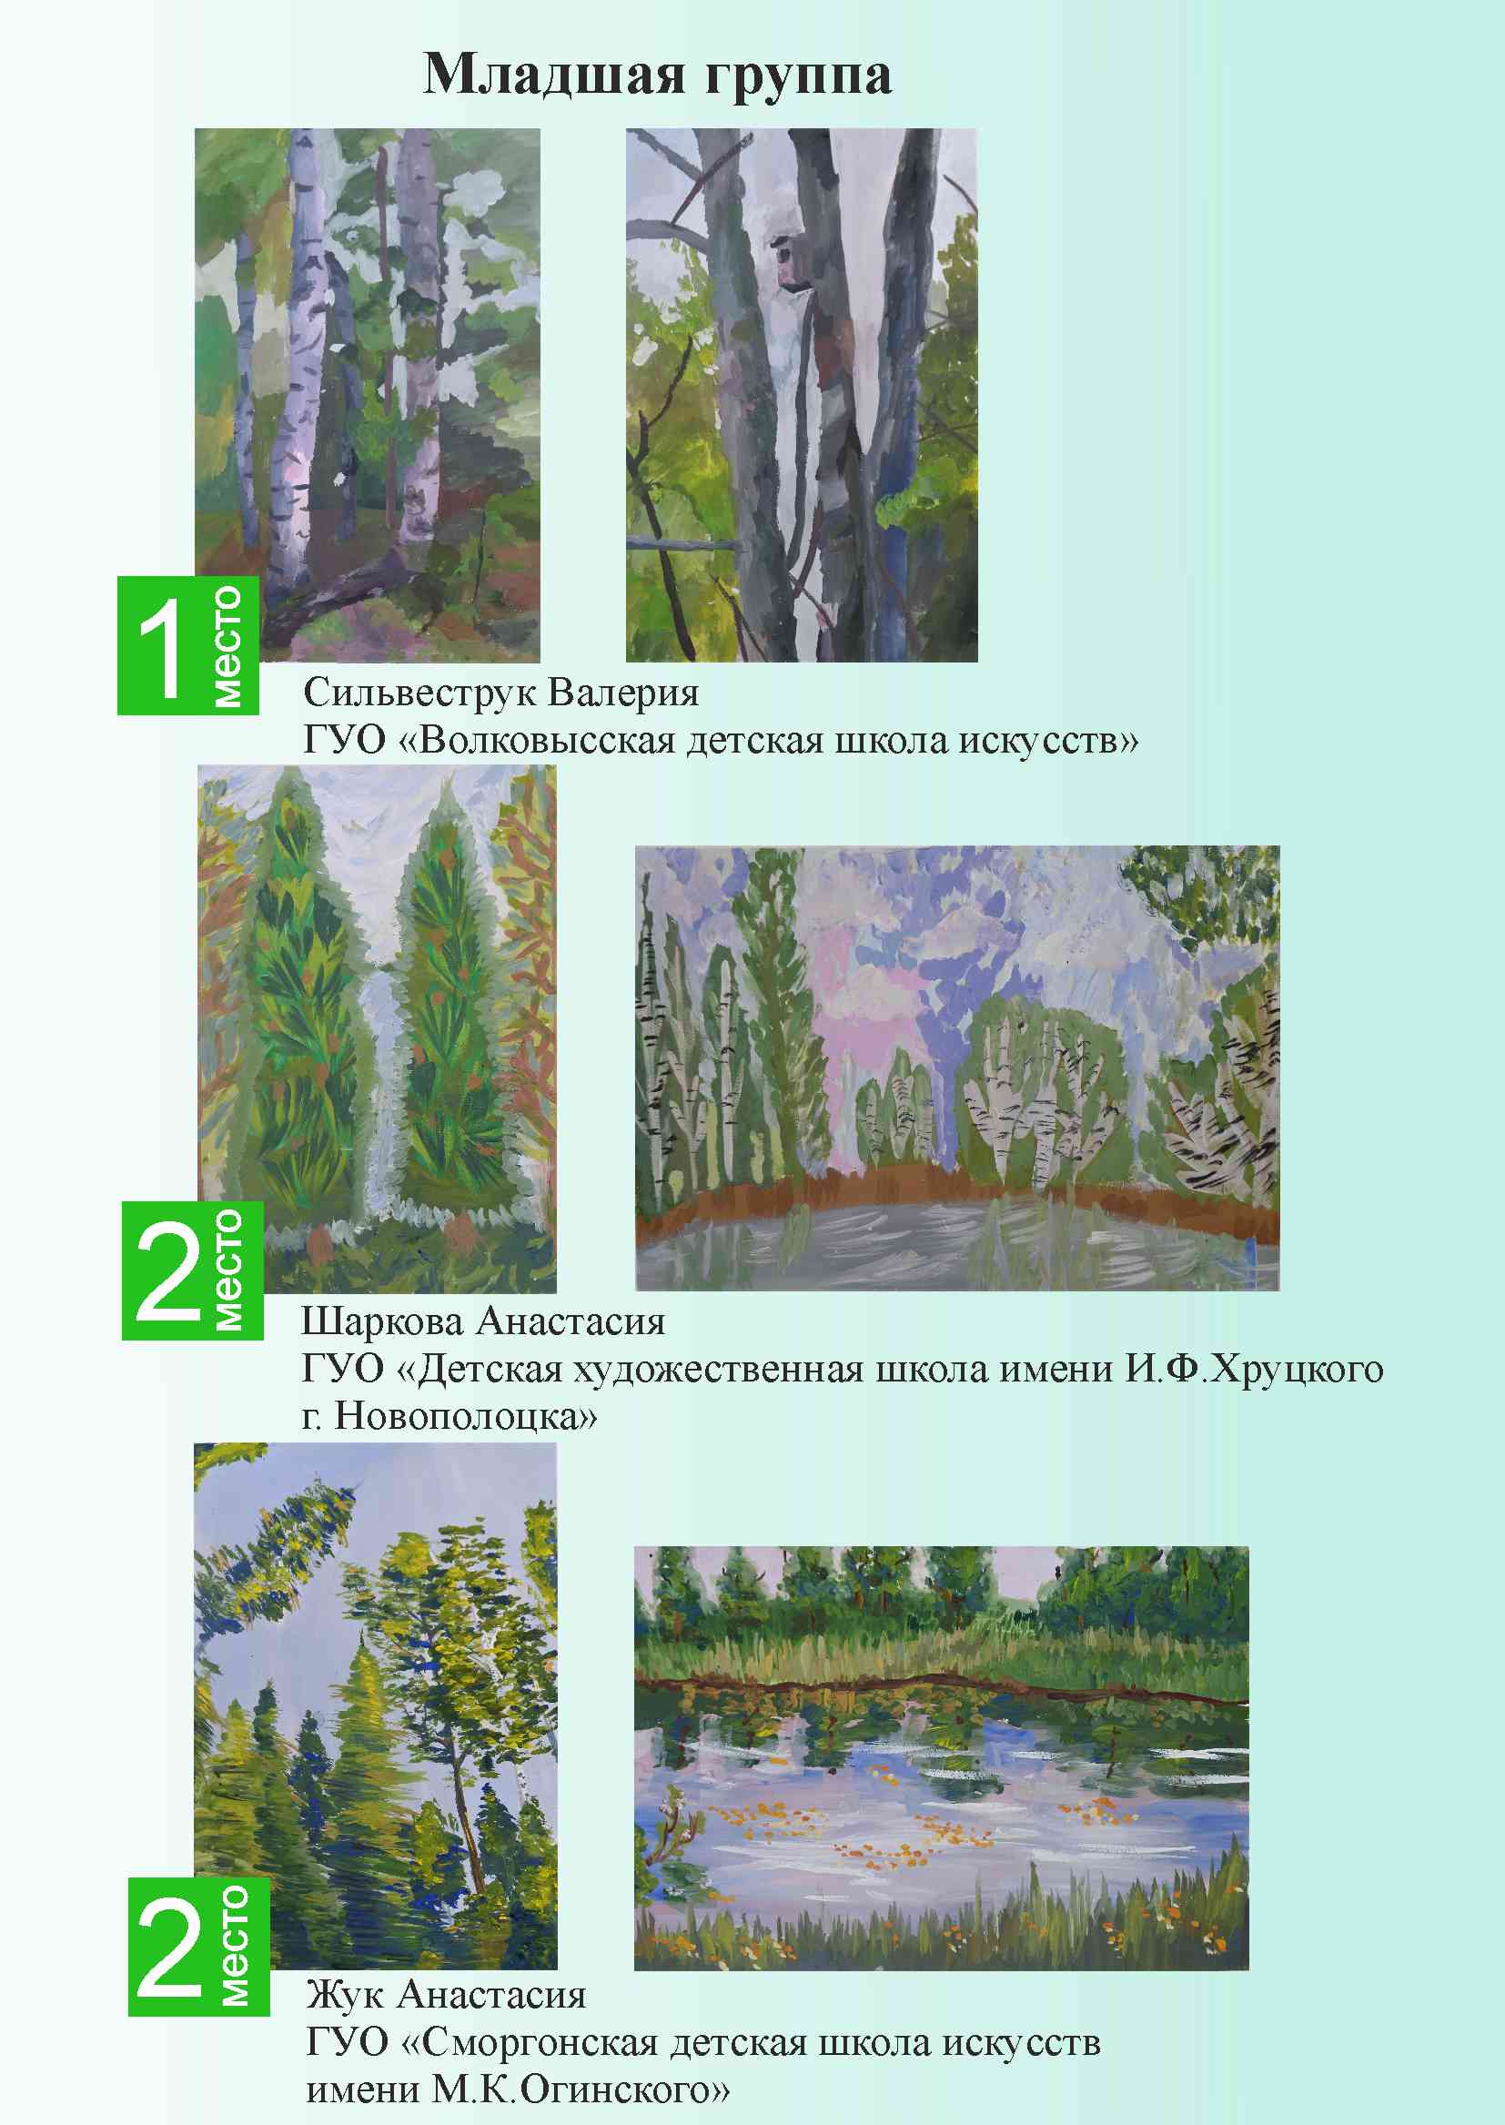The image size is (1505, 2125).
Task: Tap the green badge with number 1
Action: pos(188,645)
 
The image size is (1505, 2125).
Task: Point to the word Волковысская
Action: pos(548,742)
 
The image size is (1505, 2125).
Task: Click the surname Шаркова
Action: pos(382,1321)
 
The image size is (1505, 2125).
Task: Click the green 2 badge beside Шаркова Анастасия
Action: pos(193,1270)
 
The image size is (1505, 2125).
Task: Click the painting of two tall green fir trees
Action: pos(378,1028)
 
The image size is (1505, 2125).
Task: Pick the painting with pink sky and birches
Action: pos(957,1068)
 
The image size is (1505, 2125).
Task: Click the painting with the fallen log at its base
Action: pos(367,395)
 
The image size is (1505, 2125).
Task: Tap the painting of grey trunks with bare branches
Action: pos(802,395)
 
